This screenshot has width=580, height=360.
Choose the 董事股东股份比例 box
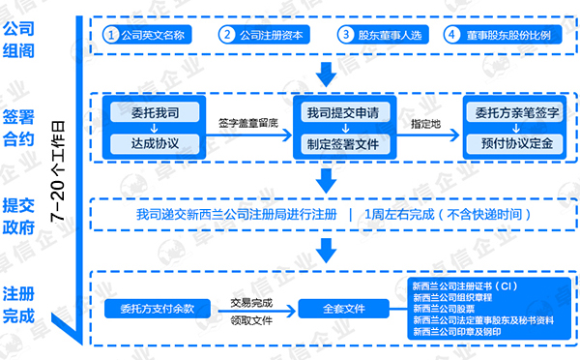502,35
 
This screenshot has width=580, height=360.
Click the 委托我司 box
155,112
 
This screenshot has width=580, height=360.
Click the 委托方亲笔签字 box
510,112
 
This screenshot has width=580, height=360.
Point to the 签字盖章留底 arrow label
248,124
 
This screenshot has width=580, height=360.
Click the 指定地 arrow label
425,124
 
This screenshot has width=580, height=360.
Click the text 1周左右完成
403,214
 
